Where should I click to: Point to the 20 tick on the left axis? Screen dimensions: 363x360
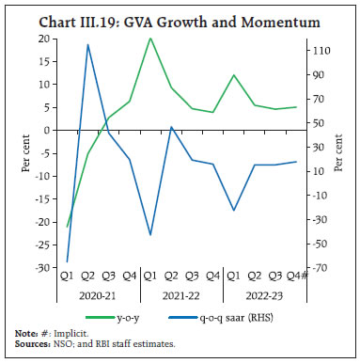coord(45,39)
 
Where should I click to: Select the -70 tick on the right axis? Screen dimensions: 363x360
coord(320,268)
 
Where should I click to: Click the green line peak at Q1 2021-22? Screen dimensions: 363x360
coord(150,39)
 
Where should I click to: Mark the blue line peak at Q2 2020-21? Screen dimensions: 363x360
coord(88,45)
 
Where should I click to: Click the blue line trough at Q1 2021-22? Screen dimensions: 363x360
coord(150,235)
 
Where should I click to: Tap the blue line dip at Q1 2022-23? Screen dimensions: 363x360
coord(233,211)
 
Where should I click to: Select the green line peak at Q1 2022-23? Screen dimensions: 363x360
coord(233,75)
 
